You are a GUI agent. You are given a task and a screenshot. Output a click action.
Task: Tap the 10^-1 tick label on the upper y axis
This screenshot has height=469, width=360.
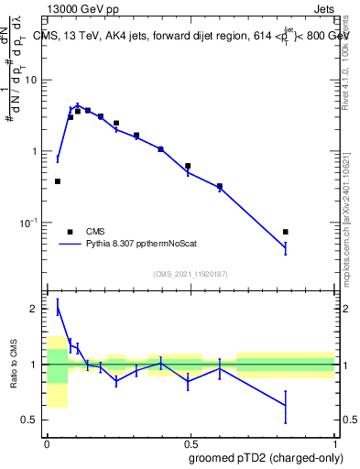(31, 223)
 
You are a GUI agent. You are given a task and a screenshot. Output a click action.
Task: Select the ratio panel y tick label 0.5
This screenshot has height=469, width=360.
(31, 420)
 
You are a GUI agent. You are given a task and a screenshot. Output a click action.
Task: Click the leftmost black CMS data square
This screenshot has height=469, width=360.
(58, 181)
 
